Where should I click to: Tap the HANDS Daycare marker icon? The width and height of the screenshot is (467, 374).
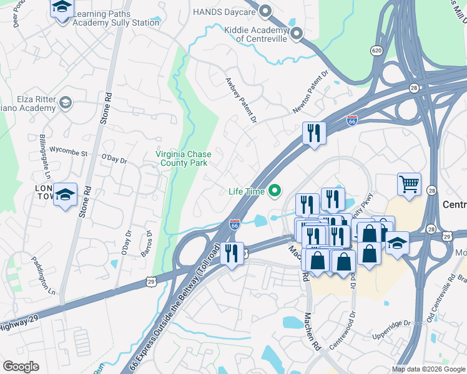[x=266, y=11]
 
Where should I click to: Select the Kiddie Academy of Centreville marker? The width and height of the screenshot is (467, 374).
[x=296, y=34]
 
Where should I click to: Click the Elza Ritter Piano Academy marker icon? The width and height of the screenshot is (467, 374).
[x=65, y=102]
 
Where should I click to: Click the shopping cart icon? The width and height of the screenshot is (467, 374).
[x=409, y=184]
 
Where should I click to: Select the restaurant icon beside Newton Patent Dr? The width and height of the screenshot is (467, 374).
[x=314, y=133]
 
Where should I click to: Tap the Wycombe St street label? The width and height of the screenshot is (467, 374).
[x=67, y=150]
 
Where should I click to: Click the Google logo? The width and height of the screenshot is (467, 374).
[x=21, y=366]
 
